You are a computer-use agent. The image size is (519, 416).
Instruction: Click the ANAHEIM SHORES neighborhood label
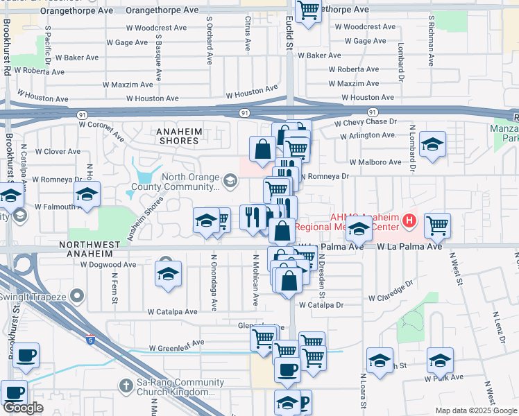pyautogui.click(x=178, y=135)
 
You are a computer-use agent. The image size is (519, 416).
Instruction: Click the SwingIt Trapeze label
pyautogui.click(x=37, y=297)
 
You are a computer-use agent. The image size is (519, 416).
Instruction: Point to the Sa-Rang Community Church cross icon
pyautogui.click(x=126, y=384)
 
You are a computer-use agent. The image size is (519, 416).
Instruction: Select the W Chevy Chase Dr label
pyautogui.click(x=364, y=122)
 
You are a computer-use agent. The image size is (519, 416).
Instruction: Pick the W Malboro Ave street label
pyautogui.click(x=375, y=162)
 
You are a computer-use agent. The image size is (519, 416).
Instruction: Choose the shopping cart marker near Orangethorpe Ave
pyautogui.click(x=307, y=11)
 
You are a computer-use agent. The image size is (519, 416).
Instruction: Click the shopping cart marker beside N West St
pyautogui.click(x=437, y=225)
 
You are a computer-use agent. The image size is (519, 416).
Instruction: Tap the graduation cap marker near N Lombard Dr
pyautogui.click(x=432, y=144)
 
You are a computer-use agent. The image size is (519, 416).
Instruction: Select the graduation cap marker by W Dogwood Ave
pyautogui.click(x=168, y=274)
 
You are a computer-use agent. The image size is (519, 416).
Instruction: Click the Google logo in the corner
pyautogui.click(x=23, y=408)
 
